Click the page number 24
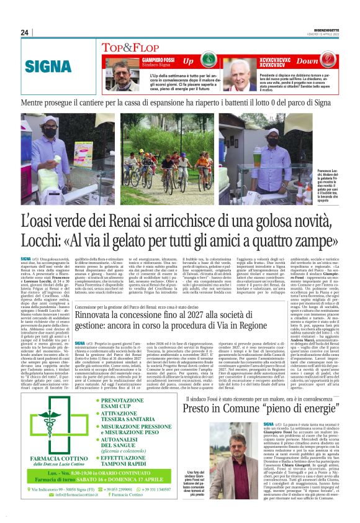click(25, 33)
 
